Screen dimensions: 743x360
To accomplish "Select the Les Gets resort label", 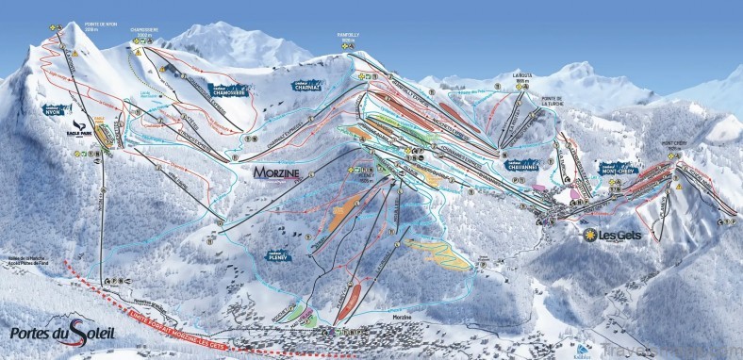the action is [x=621, y=235].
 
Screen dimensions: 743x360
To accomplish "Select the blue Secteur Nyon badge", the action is [x=58, y=109].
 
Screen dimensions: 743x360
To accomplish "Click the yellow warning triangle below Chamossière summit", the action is [x=138, y=54].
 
